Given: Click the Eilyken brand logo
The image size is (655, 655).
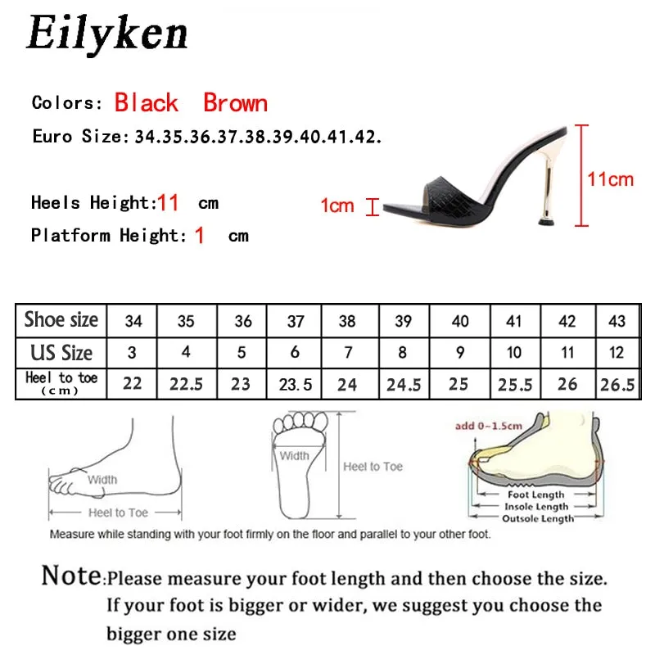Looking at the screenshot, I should point(106,34).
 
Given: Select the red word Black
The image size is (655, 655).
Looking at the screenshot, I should point(147,103).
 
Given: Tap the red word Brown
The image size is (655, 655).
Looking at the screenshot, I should point(235,103).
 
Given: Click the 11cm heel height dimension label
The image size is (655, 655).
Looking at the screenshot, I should point(611,179).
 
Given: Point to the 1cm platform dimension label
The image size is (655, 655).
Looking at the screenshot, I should point(337,206).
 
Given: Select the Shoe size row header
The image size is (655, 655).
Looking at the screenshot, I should point(61,320).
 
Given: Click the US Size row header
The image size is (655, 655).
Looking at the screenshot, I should point(61,353).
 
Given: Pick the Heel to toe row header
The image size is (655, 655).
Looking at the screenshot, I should point(61,382).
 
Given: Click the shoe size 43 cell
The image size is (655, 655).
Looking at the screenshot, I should point(617,321).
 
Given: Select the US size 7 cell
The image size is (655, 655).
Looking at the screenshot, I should point(347,353).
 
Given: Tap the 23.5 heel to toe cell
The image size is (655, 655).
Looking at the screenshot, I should point(295,383).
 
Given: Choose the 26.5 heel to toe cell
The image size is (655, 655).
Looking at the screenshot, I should point(617,383).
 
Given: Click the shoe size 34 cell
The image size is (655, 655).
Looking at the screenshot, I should point(133,321).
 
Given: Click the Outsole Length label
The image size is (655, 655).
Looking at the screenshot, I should point(538,518).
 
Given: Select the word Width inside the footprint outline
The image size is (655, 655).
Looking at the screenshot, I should point(294,456).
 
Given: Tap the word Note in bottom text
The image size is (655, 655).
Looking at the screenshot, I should point(72,576).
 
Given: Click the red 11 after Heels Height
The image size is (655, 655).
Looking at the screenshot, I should point(168,202).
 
